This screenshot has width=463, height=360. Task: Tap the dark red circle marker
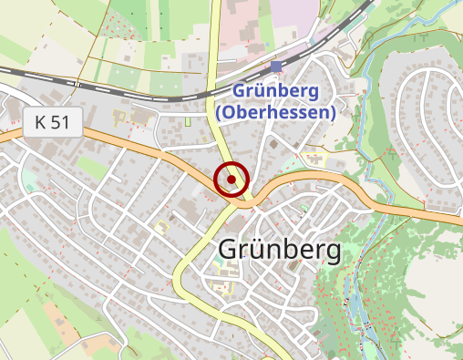point(232,180)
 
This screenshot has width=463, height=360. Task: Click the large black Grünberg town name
point(279,250)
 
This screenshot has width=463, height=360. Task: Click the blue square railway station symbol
point(276,67)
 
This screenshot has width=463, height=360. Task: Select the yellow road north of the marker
point(217,118)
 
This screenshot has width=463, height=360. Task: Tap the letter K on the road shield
point(41,122)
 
